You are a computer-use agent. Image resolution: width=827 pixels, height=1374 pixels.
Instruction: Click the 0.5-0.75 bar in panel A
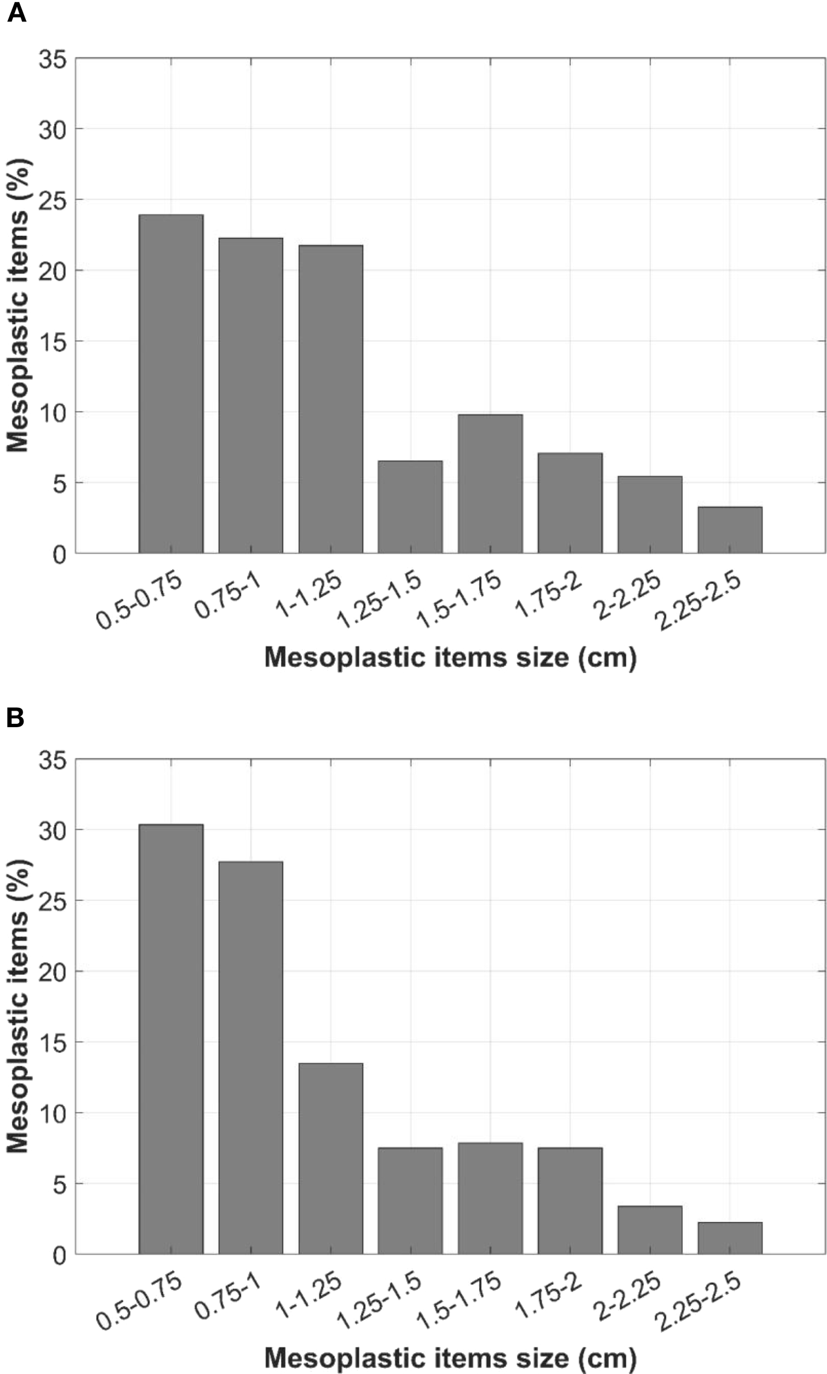point(171,384)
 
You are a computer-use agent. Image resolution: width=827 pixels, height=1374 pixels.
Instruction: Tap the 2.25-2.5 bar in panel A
point(730,530)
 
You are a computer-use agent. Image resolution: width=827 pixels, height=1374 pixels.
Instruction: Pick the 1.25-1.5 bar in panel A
point(410,507)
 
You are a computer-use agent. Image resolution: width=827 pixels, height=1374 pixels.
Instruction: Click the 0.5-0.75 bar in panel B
point(171,1039)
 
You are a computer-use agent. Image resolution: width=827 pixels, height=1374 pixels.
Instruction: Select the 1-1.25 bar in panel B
point(330,1159)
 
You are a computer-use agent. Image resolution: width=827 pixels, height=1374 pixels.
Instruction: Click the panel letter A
point(16,13)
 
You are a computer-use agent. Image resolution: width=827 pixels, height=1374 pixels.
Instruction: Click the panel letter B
point(15,718)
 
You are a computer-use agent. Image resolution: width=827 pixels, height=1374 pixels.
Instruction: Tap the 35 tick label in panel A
point(52,59)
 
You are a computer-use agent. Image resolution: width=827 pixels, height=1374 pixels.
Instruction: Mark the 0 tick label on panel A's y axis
point(59,555)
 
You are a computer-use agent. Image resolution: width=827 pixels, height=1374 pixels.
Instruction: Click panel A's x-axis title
point(450,658)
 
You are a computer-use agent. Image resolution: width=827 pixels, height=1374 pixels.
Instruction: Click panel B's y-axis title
point(18,1006)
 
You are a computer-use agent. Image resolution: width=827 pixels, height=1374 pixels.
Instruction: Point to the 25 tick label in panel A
point(52,201)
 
